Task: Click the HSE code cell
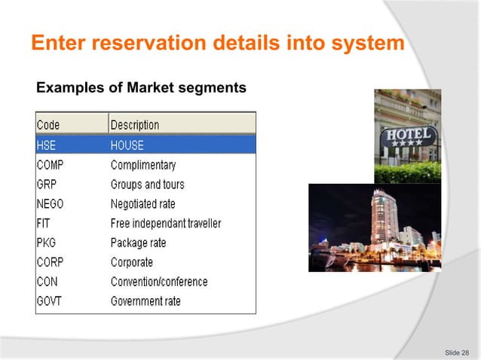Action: pyautogui.click(x=47, y=145)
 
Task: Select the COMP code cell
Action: pyautogui.click(x=51, y=164)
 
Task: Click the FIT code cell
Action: pyautogui.click(x=44, y=223)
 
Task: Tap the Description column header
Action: pyautogui.click(x=135, y=124)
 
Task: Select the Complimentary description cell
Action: pyautogui.click(x=143, y=164)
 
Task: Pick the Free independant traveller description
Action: pyautogui.click(x=166, y=223)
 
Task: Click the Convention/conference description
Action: pyautogui.click(x=159, y=282)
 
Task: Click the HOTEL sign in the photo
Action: pyautogui.click(x=409, y=138)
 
